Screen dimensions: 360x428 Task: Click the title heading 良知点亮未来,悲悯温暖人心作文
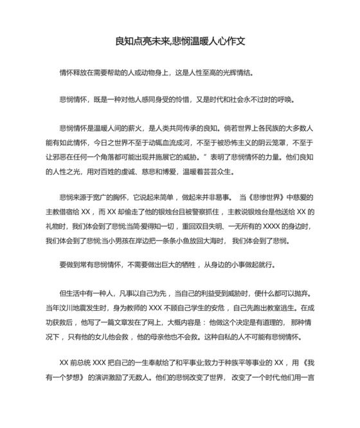pos(180,41)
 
